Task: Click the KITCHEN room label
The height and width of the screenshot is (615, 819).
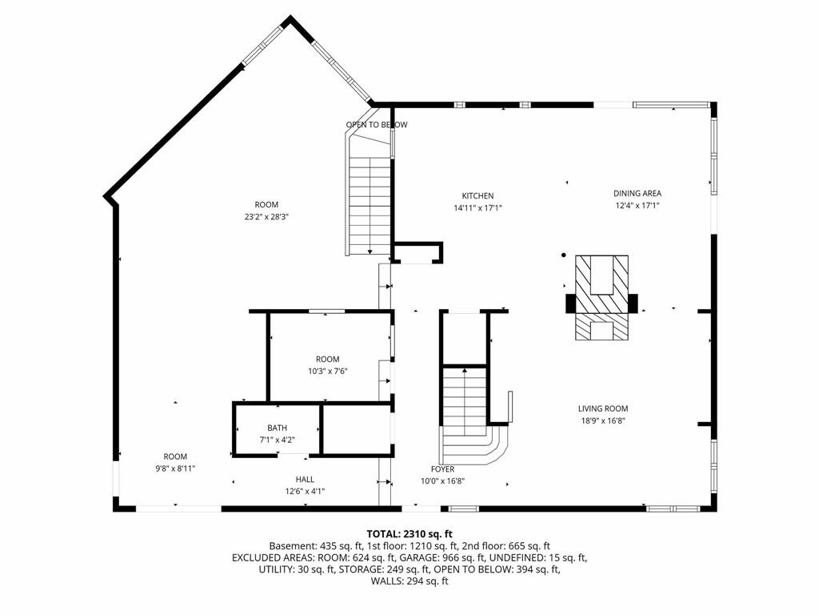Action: (x=477, y=195)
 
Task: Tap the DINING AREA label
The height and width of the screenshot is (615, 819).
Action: (x=637, y=194)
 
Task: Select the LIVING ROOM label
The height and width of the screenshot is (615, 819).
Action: (x=603, y=408)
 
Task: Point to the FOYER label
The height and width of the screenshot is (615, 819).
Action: (x=442, y=469)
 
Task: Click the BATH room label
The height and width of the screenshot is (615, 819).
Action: (x=278, y=428)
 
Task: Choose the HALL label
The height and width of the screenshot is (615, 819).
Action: (x=305, y=479)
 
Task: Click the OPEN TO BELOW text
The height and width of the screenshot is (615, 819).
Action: (x=377, y=124)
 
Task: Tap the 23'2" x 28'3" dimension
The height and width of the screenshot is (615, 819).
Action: (x=266, y=216)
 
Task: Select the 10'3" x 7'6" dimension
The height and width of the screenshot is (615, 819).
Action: (x=327, y=372)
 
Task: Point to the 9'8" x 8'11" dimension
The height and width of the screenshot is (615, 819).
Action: (x=175, y=468)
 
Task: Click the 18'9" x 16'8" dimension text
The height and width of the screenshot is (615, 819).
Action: (x=603, y=420)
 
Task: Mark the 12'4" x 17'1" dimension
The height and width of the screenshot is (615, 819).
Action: (x=637, y=206)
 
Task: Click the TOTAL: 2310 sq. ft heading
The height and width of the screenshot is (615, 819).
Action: (x=409, y=534)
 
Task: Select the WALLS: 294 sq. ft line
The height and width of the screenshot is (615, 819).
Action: (x=409, y=581)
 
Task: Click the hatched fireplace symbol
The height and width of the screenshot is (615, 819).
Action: (x=601, y=298)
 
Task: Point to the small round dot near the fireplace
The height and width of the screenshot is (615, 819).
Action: (x=564, y=255)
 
